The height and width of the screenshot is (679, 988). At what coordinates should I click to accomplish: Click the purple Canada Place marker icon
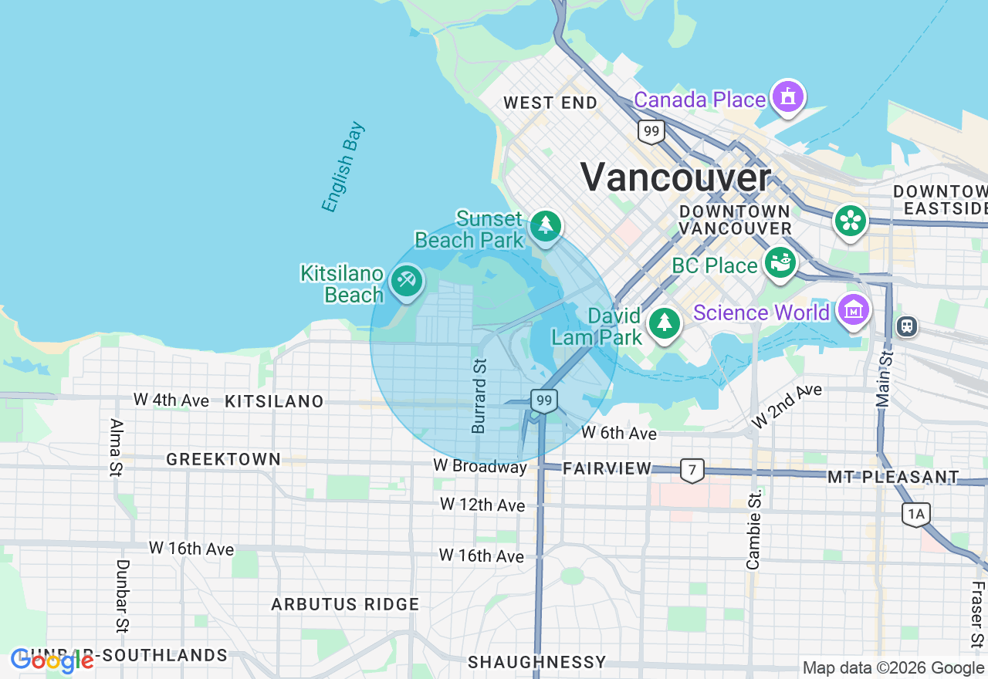point(787,97)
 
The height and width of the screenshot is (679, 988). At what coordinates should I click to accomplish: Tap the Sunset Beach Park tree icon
point(546,225)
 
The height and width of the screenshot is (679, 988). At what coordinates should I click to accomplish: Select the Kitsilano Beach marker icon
point(406,281)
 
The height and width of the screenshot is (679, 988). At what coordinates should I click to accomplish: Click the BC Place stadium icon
point(780,262)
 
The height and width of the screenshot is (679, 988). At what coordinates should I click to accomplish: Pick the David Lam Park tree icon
point(664,323)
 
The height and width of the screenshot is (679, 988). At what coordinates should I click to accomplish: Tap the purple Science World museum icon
point(854,311)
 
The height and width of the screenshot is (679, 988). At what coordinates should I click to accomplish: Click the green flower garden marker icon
point(850,221)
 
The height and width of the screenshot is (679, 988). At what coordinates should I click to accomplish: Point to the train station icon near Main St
point(907,326)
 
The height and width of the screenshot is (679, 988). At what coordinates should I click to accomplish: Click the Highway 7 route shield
point(692,469)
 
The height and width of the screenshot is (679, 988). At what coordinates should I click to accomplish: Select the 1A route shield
point(915,514)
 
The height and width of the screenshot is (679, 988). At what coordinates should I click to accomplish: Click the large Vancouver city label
point(675,177)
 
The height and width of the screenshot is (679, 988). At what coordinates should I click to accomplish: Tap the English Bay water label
point(343,167)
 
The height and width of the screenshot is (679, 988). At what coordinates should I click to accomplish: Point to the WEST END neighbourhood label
point(550,103)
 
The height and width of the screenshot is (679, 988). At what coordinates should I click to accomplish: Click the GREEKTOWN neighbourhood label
point(224,459)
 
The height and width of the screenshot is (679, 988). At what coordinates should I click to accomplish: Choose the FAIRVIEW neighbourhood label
point(607,468)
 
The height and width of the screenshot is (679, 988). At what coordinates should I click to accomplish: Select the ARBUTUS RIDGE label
point(345,604)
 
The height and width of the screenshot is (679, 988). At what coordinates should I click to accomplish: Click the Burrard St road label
point(479,395)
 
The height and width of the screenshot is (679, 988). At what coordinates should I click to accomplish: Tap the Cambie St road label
point(754,529)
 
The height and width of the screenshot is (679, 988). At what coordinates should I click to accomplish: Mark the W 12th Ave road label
point(482,505)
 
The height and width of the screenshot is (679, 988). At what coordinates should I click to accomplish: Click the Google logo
point(52,660)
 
